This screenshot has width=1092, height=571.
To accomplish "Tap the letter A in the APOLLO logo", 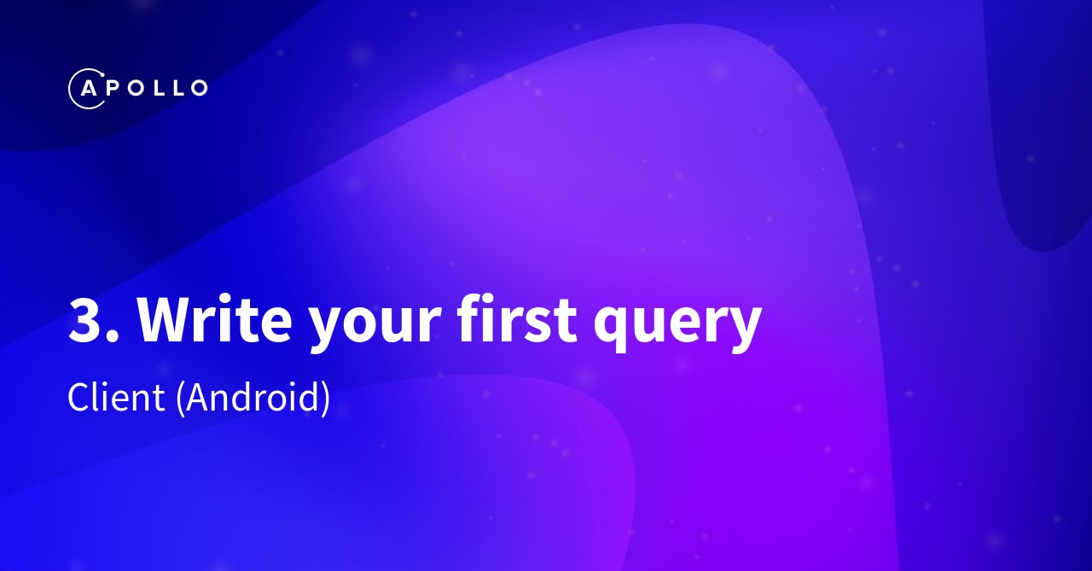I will coord(88,88).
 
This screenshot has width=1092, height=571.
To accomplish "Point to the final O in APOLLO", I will coord(197,88).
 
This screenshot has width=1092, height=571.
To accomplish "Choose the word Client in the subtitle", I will coord(116,398).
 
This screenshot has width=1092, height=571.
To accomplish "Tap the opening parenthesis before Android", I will coord(181,399).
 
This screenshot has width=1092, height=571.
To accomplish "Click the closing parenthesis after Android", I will coord(325,399).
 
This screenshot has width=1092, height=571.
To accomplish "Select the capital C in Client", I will coord(79,398).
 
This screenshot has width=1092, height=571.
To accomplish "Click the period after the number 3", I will coord(114,336).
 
